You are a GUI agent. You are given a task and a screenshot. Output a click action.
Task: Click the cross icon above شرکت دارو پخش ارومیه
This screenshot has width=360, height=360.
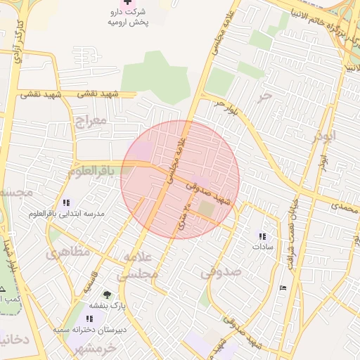[x=127, y=4]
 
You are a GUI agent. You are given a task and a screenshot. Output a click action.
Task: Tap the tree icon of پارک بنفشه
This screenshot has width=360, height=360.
[x=107, y=295]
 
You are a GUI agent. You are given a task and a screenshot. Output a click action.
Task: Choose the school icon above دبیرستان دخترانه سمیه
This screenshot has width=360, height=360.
[x=88, y=319]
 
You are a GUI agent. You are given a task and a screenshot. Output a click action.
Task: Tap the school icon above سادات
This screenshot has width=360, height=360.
[x=262, y=236]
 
